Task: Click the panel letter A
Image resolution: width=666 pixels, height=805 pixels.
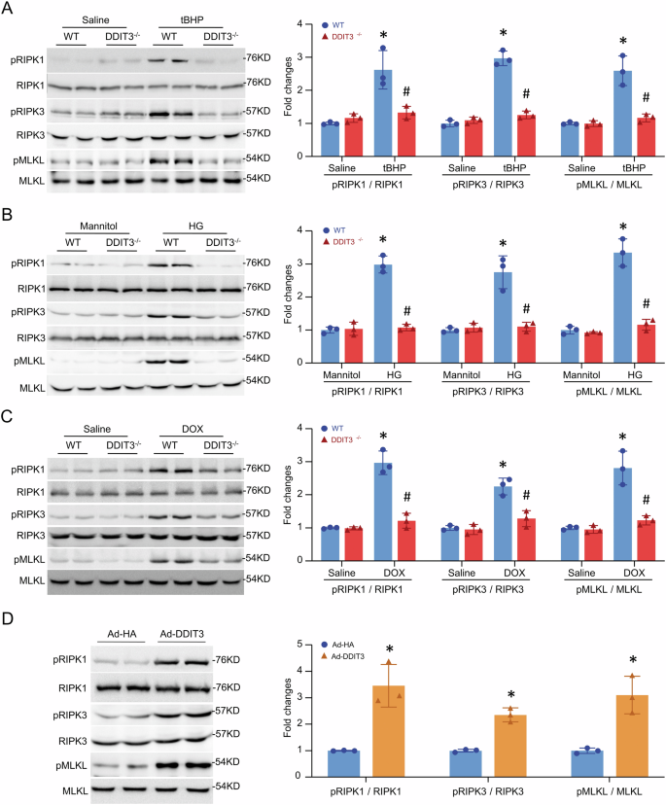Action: tap(8, 9)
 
